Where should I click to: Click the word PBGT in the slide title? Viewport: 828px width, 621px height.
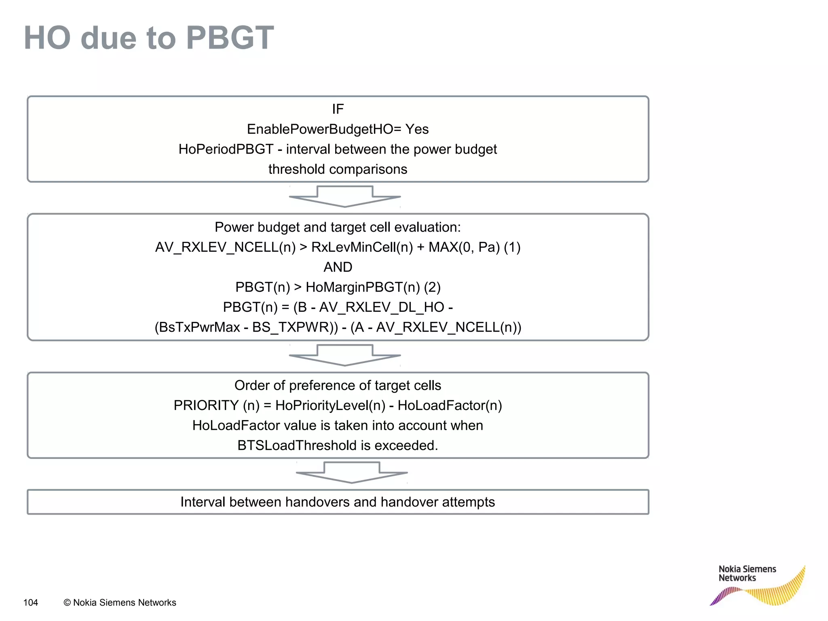pos(230,38)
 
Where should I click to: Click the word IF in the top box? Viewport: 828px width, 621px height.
pos(338,109)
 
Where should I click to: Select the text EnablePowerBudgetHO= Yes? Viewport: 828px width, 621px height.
pos(338,129)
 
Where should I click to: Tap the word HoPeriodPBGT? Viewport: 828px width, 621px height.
pos(226,149)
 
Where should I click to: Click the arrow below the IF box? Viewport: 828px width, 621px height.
pos(345,196)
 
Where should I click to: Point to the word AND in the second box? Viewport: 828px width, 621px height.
pos(338,267)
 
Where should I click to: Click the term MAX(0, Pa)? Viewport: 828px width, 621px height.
pos(464,247)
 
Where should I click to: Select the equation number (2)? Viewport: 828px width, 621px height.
pos(432,287)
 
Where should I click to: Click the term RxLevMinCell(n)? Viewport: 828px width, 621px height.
pos(362,247)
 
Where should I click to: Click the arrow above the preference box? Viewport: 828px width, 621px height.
pos(345,355)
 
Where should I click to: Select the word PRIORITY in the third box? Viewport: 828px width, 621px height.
pos(206,406)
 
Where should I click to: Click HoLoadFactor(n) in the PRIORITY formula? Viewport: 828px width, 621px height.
pos(450,406)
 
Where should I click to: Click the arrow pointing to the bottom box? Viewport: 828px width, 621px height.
pos(352,472)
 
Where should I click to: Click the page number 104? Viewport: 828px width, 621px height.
pos(31,603)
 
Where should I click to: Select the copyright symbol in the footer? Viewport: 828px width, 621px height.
pos(67,603)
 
